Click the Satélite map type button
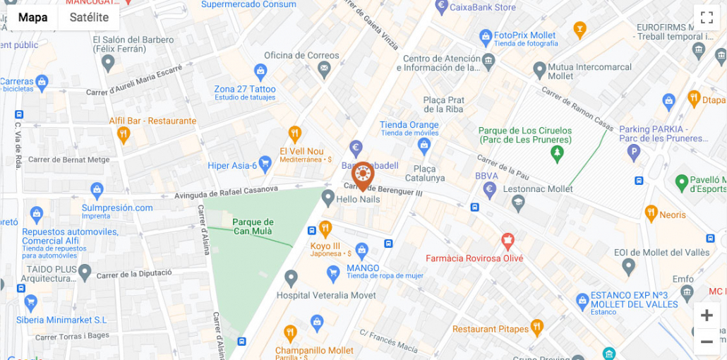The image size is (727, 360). click(89, 18)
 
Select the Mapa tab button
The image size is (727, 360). click(33, 18)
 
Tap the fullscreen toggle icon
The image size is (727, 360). click(707, 18)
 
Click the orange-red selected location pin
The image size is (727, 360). click(363, 175)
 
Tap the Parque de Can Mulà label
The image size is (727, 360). click(253, 222)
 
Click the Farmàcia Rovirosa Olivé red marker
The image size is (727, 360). click(507, 241)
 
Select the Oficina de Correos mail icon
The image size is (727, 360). click(324, 69)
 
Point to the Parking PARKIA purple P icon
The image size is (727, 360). click(635, 151)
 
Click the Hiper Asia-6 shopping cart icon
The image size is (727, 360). click(265, 164)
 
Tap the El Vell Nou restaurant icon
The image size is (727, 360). click(295, 133)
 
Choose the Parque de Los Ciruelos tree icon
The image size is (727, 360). click(558, 152)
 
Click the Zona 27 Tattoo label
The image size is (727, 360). click(245, 89)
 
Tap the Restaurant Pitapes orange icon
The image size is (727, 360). click(537, 328)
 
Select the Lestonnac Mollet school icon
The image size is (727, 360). click(518, 203)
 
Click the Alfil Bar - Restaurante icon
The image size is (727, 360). click(124, 134)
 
